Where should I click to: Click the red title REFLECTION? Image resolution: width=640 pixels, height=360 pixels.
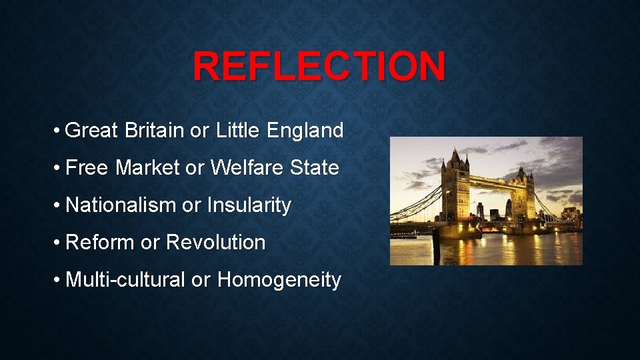pyautogui.click(x=319, y=67)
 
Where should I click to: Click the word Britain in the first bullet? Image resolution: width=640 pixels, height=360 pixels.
pyautogui.click(x=153, y=130)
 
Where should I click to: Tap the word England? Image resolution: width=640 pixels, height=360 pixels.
pyautogui.click(x=305, y=130)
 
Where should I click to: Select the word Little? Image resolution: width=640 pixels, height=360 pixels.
pyautogui.click(x=237, y=130)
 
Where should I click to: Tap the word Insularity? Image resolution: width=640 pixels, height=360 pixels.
pyautogui.click(x=249, y=205)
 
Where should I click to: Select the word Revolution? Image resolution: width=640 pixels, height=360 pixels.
pyautogui.click(x=215, y=242)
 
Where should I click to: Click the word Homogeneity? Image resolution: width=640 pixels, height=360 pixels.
pyautogui.click(x=279, y=280)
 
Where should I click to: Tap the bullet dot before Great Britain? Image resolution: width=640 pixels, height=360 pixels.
pyautogui.click(x=59, y=131)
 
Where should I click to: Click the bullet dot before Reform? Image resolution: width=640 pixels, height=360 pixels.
pyautogui.click(x=59, y=243)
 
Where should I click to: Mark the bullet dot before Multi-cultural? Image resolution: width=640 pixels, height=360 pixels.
pyautogui.click(x=59, y=280)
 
